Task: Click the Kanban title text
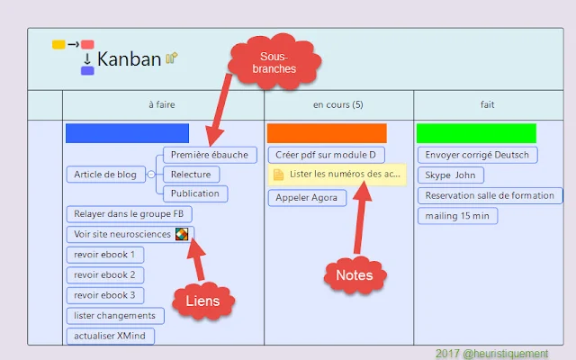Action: pos(130,59)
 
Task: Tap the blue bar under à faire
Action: pos(127,133)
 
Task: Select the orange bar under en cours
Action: pos(327,133)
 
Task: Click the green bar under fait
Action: pos(476,133)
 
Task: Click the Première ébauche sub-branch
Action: pos(209,155)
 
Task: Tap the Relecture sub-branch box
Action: pos(191,174)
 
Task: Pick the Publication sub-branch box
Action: pos(194,193)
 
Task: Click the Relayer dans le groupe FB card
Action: pos(128,214)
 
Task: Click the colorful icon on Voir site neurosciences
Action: pos(183,235)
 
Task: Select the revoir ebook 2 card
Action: pos(104,274)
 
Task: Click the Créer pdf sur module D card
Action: pos(325,155)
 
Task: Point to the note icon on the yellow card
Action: pos(279,174)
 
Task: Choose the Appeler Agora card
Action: pos(307,197)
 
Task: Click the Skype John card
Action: pos(450,175)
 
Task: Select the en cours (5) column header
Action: pos(338,105)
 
